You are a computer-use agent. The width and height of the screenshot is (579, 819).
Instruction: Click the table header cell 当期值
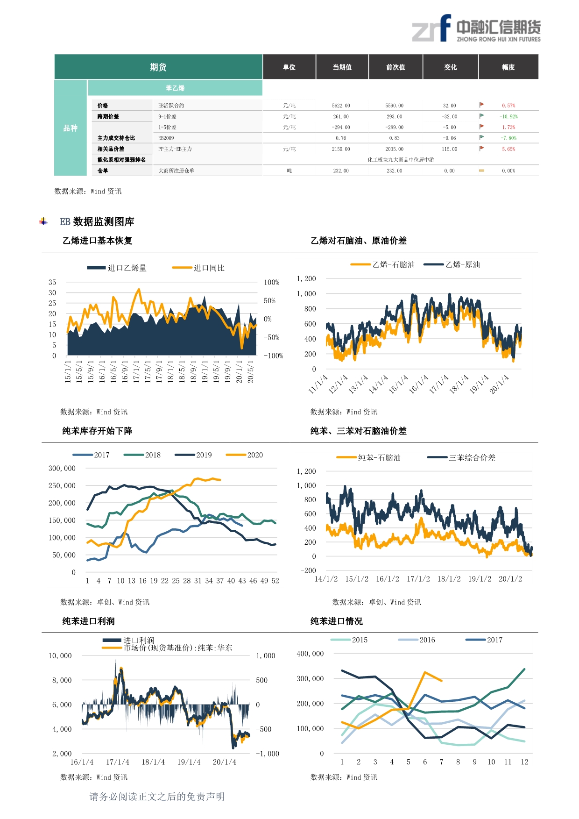pos(342,67)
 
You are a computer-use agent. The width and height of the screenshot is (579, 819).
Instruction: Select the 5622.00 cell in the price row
pos(341,106)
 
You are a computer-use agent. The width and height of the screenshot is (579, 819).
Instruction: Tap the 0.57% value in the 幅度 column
pos(508,106)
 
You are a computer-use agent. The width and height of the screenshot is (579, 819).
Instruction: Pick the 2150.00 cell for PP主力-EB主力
pos(341,149)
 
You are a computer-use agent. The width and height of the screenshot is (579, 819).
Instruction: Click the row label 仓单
pos(103,171)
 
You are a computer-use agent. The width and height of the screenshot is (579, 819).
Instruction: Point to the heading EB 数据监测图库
pos(97,221)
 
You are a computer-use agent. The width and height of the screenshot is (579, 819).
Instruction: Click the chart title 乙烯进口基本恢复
pos(97,241)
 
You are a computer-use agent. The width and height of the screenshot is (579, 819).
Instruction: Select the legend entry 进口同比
pos(209,268)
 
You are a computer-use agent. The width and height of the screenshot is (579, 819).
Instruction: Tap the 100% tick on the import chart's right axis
pos(271,282)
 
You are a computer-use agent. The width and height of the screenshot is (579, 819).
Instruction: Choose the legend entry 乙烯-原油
pos(462,264)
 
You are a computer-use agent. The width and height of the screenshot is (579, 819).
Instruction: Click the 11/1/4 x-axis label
pos(318,385)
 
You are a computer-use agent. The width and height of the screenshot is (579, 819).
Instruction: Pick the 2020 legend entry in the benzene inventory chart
pos(254,455)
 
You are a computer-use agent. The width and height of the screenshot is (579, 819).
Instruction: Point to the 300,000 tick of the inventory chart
pos(62,468)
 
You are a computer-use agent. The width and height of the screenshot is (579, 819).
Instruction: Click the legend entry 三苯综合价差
pos(472,458)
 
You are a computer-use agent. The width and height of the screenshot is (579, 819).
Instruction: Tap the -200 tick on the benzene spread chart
pos(308,570)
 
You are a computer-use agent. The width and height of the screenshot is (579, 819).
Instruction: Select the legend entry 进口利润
pos(138,640)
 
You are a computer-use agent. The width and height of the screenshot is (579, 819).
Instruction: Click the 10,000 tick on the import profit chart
pos(60,656)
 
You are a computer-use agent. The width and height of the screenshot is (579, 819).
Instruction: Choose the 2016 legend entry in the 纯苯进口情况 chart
pos(427,640)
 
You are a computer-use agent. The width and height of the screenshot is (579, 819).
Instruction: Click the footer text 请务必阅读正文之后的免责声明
pos(157,797)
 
